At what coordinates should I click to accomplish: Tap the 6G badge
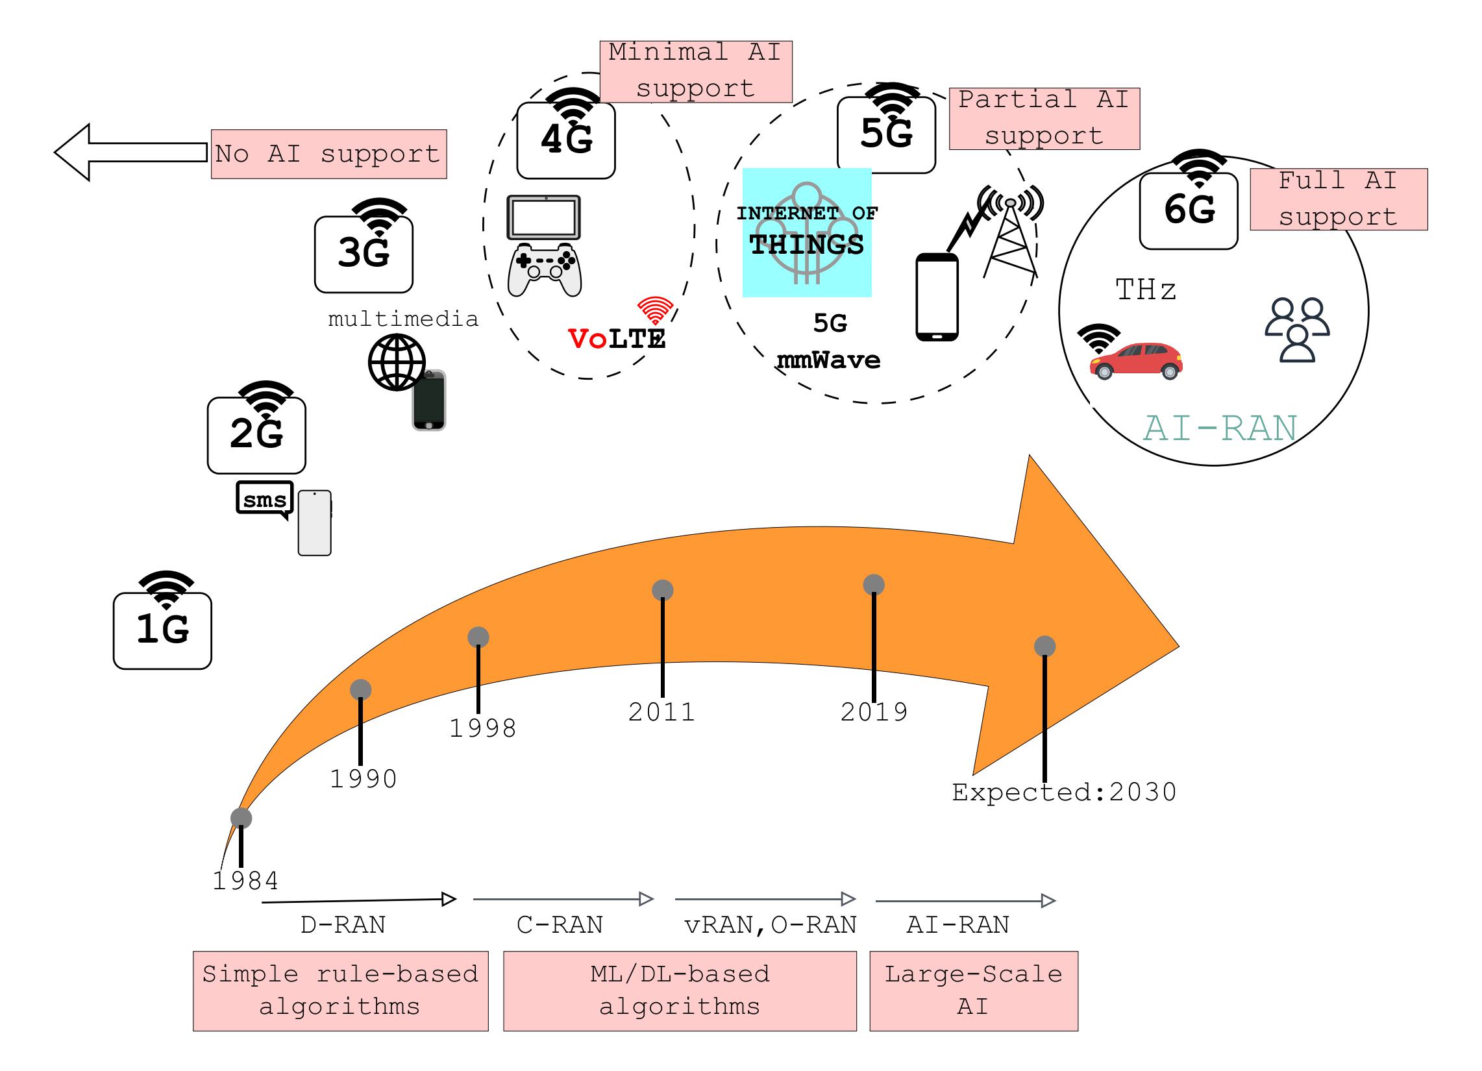1188,210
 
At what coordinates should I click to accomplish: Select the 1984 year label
245,881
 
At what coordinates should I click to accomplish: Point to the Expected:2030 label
1064,792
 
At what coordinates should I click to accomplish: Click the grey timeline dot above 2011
663,590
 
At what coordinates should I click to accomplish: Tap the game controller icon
545,269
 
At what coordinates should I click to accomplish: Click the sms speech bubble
264,500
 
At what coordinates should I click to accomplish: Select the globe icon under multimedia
396,362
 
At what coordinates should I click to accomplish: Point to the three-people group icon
1297,329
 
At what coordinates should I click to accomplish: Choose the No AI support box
328,154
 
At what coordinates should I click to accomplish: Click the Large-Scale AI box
974,991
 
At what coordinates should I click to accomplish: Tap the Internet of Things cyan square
806,232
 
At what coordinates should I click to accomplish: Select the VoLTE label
617,338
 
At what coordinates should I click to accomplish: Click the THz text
1146,289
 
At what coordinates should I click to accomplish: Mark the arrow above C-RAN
563,899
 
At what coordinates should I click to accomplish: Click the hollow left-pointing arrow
130,152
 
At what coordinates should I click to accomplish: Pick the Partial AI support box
1044,118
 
